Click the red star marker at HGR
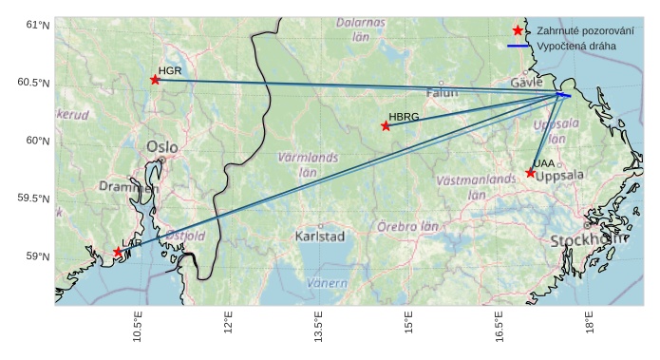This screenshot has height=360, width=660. click(155, 80)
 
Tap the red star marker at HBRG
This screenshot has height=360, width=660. click(386, 126)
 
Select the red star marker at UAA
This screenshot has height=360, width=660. click(531, 173)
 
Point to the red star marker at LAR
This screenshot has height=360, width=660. click(119, 253)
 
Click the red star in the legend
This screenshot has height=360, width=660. click(518, 31)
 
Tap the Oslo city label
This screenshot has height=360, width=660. click(161, 147)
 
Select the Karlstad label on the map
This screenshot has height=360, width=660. click(319, 236)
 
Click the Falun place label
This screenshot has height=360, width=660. click(442, 93)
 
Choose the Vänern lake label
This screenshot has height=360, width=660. click(327, 283)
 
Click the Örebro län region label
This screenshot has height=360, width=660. click(407, 227)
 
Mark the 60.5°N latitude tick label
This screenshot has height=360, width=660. click(32, 83)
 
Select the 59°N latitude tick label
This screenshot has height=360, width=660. click(36, 256)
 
